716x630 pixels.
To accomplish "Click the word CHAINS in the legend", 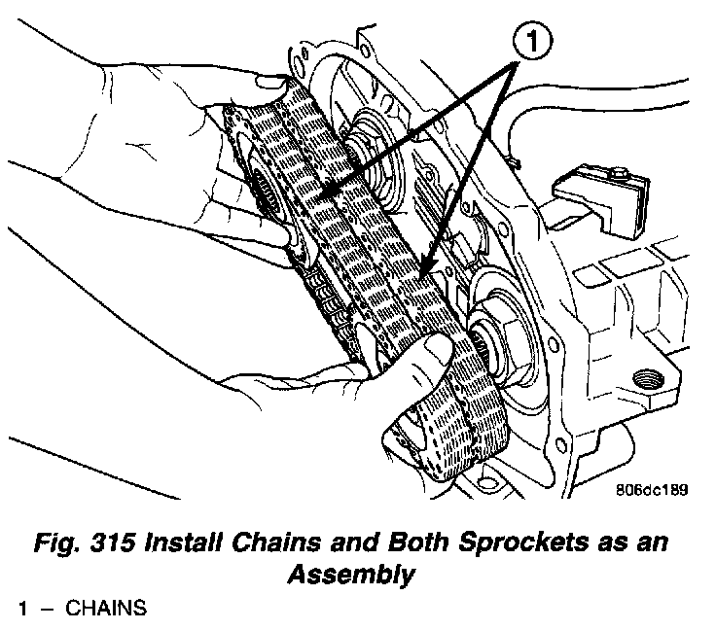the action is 106,610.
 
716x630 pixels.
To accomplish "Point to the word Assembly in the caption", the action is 351,575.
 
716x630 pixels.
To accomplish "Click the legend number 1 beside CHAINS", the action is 21,610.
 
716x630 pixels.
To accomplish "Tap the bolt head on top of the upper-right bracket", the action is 618,174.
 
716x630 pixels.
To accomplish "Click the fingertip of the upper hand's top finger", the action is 275,83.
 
